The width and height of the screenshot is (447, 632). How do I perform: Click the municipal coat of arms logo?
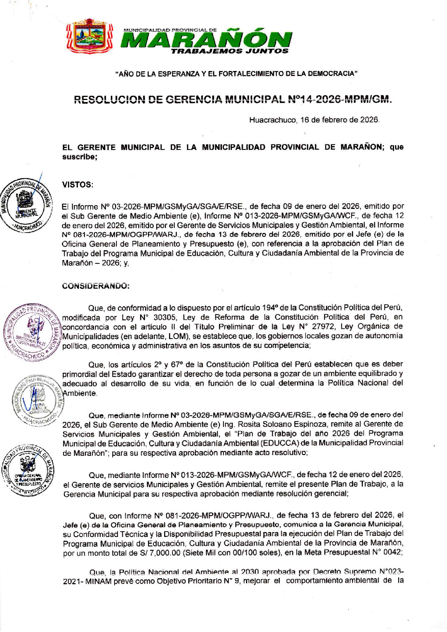pyautogui.click(x=89, y=36)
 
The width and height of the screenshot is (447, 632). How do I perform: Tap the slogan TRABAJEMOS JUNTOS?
pyautogui.click(x=230, y=51)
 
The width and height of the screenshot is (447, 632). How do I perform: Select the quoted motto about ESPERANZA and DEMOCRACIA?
pyautogui.click(x=236, y=74)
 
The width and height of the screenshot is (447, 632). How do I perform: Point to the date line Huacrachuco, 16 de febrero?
pyautogui.click(x=314, y=120)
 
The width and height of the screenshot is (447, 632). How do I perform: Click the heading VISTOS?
pyautogui.click(x=77, y=184)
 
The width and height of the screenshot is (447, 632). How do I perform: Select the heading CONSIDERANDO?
pyautogui.click(x=96, y=286)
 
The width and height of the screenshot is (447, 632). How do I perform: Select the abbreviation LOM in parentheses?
pyautogui.click(x=177, y=336)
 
